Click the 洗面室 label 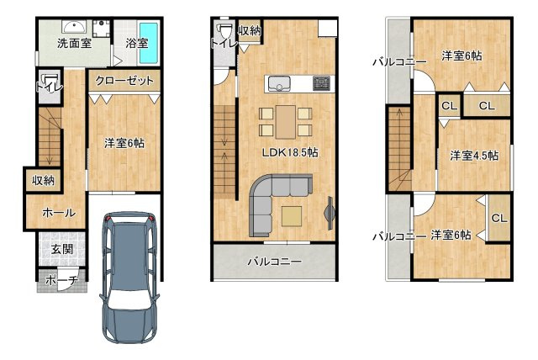coord(74,42)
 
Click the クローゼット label coord(124,81)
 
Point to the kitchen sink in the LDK coord(278,82)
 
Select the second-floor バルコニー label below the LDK coord(273,262)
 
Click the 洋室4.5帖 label coord(473,155)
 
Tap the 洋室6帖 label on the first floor coord(124,143)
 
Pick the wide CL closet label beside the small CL coord(487,106)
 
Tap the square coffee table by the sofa coord(293,215)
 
